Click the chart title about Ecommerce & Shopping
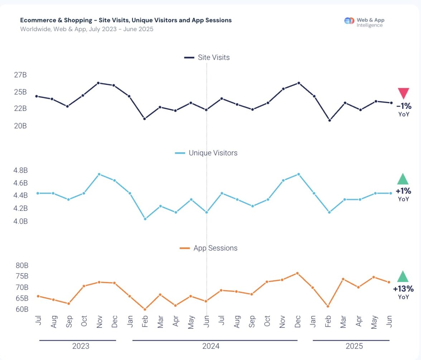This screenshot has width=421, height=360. click(126, 20)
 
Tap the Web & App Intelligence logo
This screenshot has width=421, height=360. click(364, 23)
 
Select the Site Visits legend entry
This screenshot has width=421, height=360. click(207, 57)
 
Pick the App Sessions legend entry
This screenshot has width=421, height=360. click(208, 248)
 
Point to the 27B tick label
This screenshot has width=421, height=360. click(20, 75)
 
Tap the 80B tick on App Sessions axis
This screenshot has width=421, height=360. click(21, 266)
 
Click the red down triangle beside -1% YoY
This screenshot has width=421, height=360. click(403, 93)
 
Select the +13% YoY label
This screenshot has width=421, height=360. click(403, 289)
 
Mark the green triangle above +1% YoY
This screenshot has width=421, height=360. click(403, 179)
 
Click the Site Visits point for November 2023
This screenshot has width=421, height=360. click(98, 83)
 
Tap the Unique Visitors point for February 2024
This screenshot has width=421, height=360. click(145, 219)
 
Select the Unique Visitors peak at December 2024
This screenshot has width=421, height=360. click(299, 174)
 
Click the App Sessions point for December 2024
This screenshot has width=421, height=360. click(297, 273)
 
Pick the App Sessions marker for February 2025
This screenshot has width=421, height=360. click(328, 306)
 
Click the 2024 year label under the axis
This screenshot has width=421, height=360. click(211, 346)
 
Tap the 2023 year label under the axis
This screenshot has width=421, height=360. click(81, 346)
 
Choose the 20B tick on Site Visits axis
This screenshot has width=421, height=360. click(20, 126)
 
